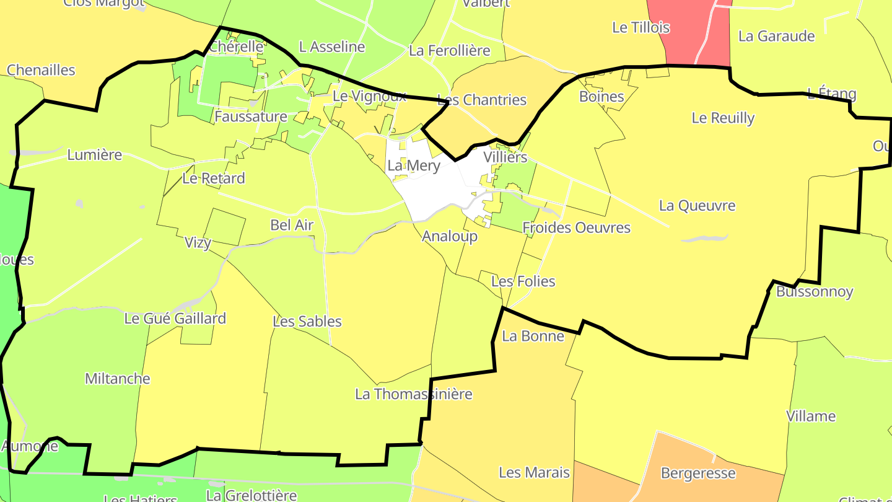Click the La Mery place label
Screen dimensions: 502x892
coord(413,165)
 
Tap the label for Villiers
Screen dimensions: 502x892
coord(505,157)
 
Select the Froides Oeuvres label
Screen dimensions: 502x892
coord(576,227)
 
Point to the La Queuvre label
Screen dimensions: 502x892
coord(697,205)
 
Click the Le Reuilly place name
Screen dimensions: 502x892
coord(723,118)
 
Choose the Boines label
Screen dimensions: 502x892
coord(601,96)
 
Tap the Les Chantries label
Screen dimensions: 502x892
coord(481,100)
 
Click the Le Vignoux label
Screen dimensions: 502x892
coord(369,96)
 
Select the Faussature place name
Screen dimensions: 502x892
coord(251,117)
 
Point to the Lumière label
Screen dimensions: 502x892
coord(95,155)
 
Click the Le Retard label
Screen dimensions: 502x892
coord(214,178)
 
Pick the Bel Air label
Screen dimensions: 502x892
coord(292,225)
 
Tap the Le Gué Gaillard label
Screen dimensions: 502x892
coord(175,319)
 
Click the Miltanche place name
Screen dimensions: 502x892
coord(117,378)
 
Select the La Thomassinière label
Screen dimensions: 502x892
coord(413,394)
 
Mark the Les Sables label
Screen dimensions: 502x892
coord(307,321)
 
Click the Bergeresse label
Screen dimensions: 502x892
coord(698,473)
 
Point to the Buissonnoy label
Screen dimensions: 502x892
coord(815,291)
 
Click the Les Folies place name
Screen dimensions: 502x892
coord(523,281)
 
